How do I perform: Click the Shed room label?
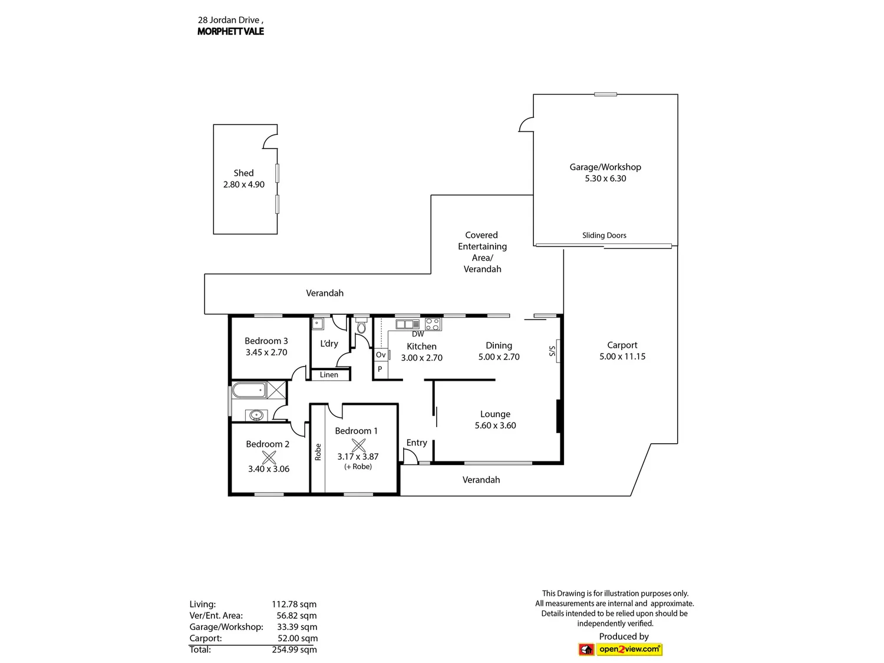(243, 173)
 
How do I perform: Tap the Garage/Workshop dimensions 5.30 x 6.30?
(605, 179)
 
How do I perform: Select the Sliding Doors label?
(604, 236)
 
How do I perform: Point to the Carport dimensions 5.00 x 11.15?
(622, 357)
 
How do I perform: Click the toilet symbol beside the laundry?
(361, 326)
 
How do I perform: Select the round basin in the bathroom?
(256, 415)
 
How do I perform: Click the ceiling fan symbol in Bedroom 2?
(269, 457)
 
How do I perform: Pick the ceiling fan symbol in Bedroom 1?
(358, 445)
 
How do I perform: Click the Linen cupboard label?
(329, 375)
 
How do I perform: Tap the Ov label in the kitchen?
(381, 355)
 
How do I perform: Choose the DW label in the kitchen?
(418, 334)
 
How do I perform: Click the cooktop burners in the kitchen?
(433, 325)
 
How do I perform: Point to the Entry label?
(417, 443)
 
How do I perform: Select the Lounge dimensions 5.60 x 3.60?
(496, 425)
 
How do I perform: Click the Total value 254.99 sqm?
(295, 649)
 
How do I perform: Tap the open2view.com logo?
(620, 649)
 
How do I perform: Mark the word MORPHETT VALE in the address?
(231, 31)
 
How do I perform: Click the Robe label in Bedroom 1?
(318, 452)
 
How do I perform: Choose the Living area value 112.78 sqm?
(294, 604)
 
